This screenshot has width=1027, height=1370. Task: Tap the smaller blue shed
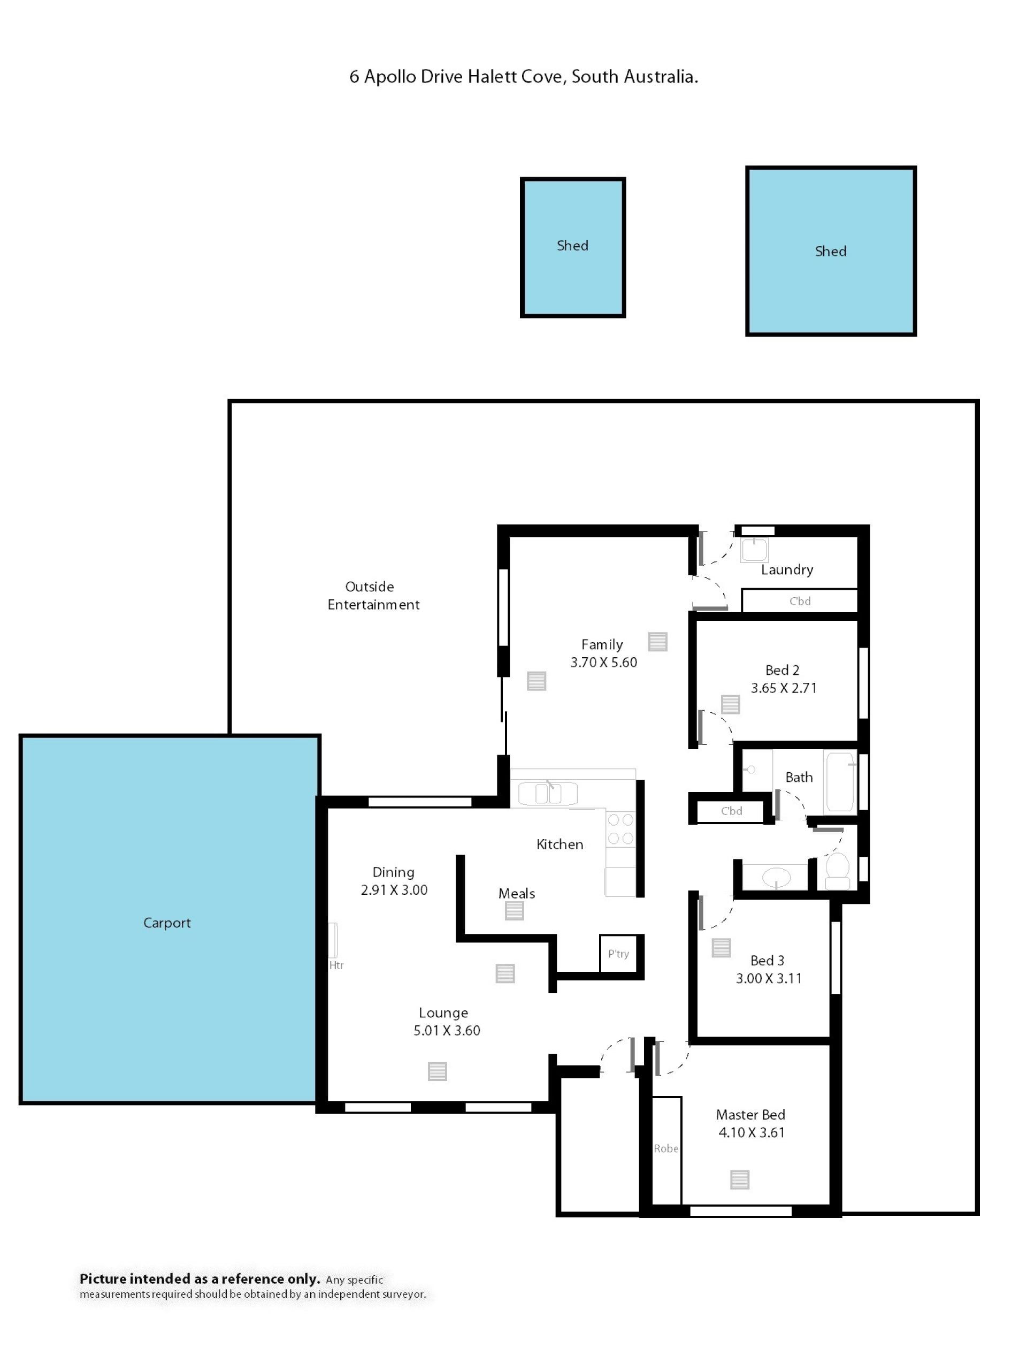click(573, 248)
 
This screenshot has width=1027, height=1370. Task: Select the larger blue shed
click(831, 252)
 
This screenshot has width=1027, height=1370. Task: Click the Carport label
click(167, 923)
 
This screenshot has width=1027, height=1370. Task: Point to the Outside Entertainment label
click(373, 595)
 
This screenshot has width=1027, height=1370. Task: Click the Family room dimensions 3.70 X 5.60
click(603, 662)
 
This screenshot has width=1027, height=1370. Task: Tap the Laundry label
click(787, 570)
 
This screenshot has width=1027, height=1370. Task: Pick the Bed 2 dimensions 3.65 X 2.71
click(784, 688)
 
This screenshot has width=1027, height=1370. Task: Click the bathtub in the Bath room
click(840, 782)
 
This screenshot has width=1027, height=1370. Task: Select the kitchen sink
click(548, 794)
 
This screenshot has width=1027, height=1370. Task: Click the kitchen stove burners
click(620, 829)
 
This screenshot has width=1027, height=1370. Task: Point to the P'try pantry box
click(618, 954)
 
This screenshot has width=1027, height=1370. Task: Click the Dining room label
click(394, 872)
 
